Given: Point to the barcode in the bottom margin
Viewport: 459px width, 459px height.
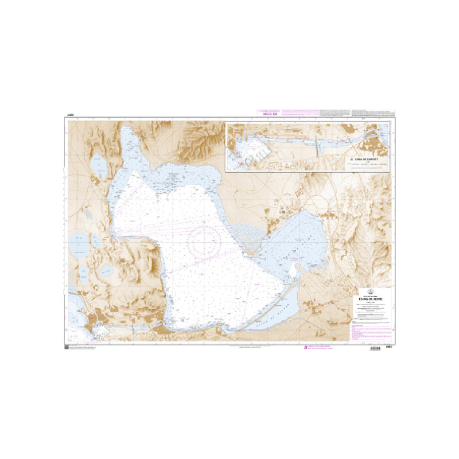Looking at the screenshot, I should [x=376, y=348].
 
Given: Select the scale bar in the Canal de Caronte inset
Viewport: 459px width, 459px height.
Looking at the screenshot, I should [x=367, y=164].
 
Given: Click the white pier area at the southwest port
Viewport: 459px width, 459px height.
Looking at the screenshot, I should [x=101, y=330].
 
